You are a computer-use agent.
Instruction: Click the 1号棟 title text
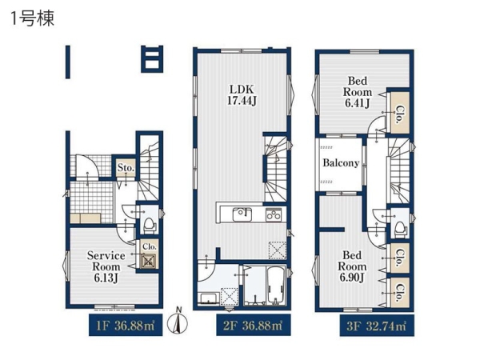[x=33, y=18]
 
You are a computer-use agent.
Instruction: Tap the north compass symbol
[x=178, y=321]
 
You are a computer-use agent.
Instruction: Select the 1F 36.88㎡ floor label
[x=126, y=326]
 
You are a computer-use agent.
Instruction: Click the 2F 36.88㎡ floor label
[x=253, y=326]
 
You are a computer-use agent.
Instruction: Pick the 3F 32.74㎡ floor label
[x=377, y=326]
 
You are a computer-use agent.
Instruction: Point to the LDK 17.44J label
[x=242, y=95]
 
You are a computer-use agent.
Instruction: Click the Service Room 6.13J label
[x=106, y=266]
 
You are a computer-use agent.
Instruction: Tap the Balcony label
[x=341, y=163]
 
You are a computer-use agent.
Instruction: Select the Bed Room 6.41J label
[x=358, y=92]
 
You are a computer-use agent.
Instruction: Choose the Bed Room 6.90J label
[x=352, y=266]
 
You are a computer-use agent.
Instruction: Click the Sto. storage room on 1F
[x=126, y=167]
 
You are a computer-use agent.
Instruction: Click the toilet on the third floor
[x=401, y=228]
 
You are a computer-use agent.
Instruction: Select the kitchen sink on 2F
[x=242, y=214]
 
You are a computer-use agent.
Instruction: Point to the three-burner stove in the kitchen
[x=273, y=214]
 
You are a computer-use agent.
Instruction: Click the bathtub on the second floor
[x=276, y=286]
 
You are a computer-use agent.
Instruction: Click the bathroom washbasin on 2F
[x=208, y=298]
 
